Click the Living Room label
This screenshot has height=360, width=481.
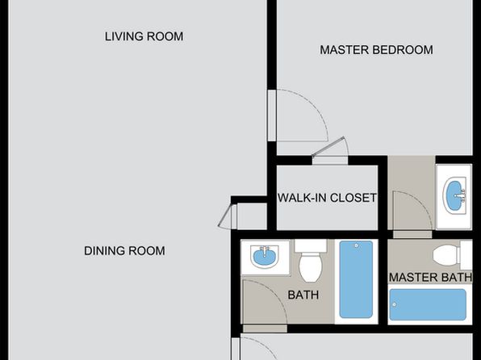[x=144, y=36]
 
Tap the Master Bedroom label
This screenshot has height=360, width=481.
[x=376, y=50]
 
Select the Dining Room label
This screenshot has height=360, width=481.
[x=124, y=251]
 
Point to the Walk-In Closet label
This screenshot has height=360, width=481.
[x=327, y=198]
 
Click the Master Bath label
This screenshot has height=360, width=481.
[x=430, y=278]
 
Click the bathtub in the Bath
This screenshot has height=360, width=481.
[x=356, y=279]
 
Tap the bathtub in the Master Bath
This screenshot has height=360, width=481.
[x=428, y=304]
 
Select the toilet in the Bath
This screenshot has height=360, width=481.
[x=311, y=261]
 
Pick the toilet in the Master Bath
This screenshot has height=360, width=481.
[x=452, y=255]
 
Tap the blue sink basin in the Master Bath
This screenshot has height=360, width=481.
[x=455, y=195]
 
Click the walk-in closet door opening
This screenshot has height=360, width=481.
[x=330, y=160]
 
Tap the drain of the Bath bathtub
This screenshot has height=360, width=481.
[x=357, y=245]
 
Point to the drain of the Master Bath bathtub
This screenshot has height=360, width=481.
[x=394, y=304]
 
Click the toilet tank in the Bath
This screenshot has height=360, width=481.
[x=311, y=245]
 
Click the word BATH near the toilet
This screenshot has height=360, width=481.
[x=303, y=295]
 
